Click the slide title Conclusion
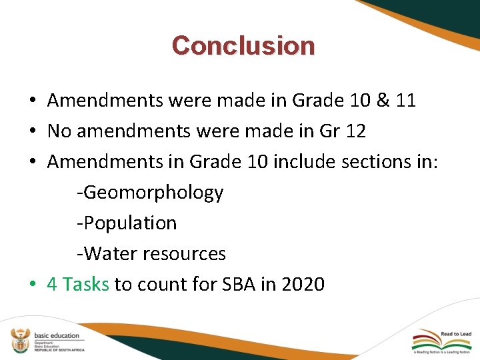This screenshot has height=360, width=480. [243, 45]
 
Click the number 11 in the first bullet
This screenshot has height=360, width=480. [405, 101]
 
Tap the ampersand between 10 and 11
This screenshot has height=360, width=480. [382, 101]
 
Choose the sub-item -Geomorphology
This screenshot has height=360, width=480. [150, 193]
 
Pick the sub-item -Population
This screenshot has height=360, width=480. [127, 223]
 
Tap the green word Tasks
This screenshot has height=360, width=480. [85, 285]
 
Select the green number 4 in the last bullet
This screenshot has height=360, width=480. [52, 285]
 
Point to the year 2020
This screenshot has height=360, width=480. [303, 285]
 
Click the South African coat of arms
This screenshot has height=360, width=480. [21, 340]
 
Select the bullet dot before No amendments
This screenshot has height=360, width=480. [32, 132]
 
